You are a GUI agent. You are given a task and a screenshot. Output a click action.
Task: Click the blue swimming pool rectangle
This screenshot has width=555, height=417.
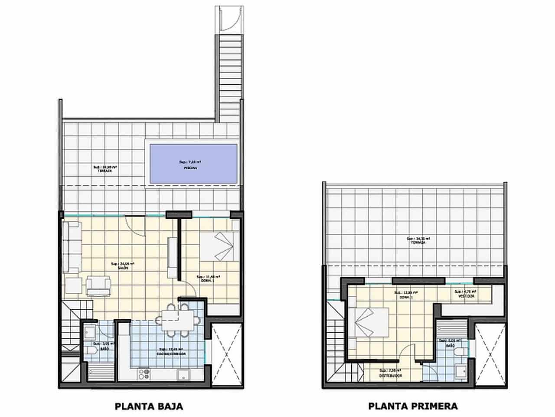(193, 163)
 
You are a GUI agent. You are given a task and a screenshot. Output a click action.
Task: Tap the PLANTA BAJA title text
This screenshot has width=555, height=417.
(149, 407)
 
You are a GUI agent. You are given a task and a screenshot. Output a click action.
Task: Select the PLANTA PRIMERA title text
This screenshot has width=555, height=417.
(413, 407)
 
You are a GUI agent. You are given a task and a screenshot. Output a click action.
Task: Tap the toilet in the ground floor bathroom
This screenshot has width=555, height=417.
(91, 351)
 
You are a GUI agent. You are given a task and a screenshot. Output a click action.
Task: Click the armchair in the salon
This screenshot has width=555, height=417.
(99, 286)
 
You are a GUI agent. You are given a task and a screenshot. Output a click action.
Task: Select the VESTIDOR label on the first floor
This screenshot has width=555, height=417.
(466, 296)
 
